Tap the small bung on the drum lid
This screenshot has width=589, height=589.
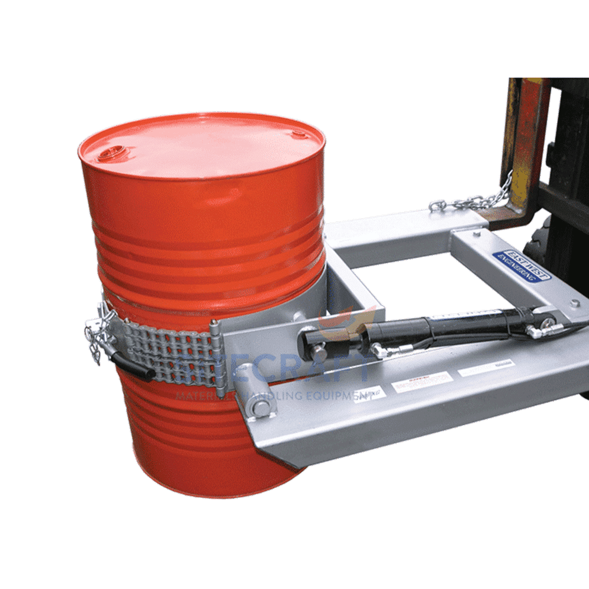coord(299,135)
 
